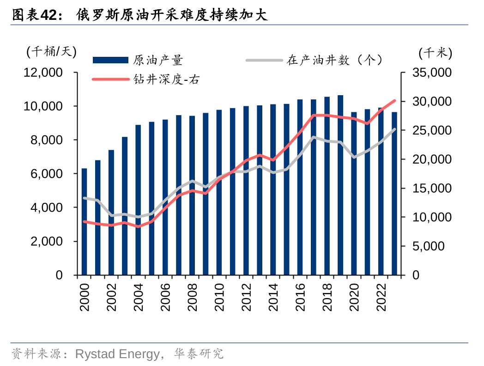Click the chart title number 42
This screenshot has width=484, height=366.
pos(49,15)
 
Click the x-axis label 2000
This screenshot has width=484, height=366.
pos(85,297)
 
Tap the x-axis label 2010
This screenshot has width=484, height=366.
pos(219,297)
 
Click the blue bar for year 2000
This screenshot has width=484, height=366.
pos(84,222)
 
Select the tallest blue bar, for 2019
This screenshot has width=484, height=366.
pos(340,185)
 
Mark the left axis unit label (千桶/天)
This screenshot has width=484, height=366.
pos(51,51)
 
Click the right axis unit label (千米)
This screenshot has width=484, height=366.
pos(436,53)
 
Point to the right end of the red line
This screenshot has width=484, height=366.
pos(394,100)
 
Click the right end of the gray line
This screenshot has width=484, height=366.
pos(394,129)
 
